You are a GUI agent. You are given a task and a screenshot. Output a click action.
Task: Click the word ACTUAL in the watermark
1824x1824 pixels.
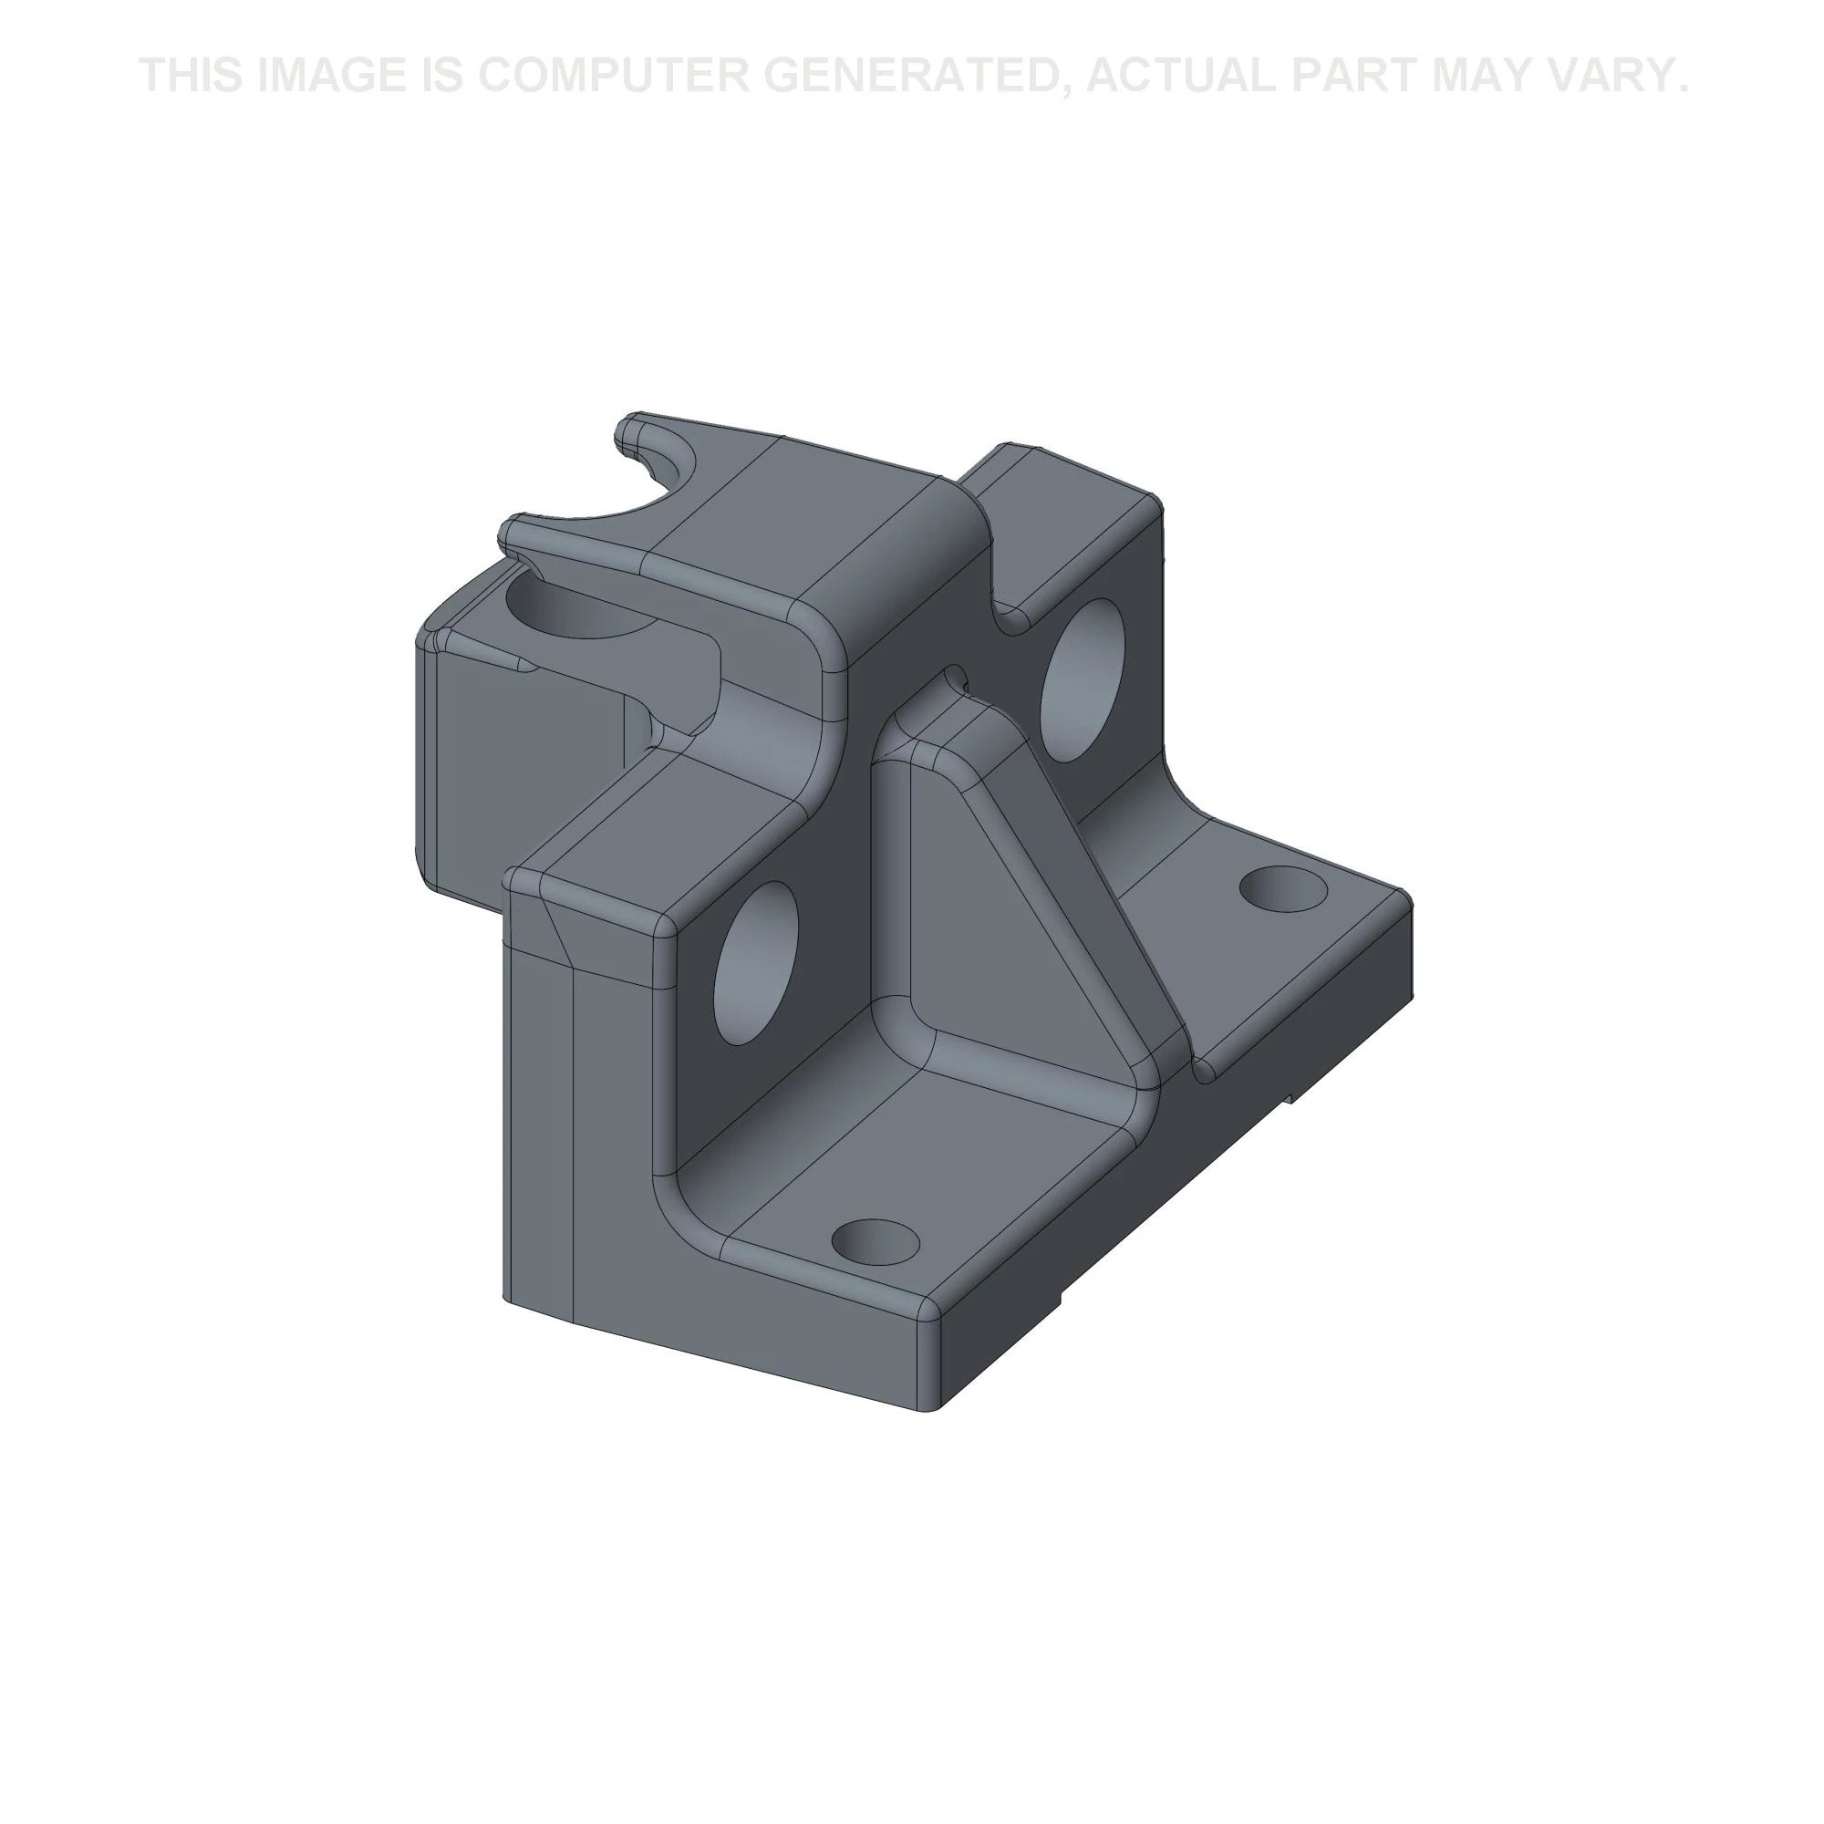point(1180,76)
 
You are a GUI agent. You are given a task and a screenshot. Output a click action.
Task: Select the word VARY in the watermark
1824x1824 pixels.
point(1620,76)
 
